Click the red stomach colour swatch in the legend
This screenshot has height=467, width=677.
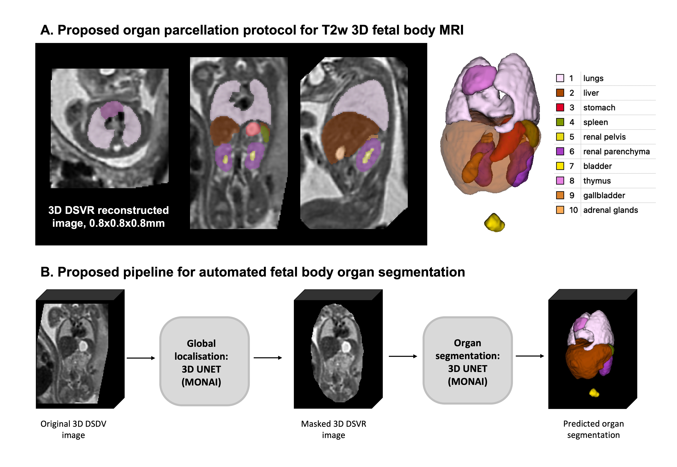560,107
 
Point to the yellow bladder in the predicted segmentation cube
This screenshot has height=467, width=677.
594,393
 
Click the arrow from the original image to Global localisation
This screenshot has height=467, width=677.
141,358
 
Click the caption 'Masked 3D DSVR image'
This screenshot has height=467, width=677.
334,429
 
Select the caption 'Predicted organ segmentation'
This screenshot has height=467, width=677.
593,429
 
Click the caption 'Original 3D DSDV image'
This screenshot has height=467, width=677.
73,429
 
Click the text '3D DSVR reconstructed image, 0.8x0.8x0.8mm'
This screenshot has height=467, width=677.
109,217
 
